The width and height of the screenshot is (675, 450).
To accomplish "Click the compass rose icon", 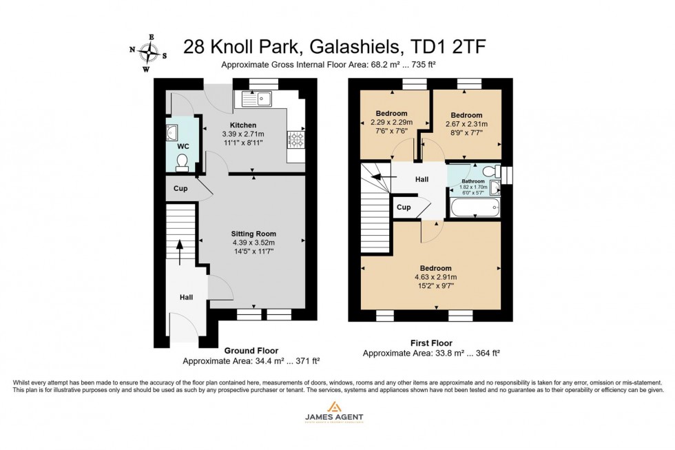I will pos(148,52).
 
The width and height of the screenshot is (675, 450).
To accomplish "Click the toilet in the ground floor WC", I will pos(182,162).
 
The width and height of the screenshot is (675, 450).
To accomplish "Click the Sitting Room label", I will pos(253,234).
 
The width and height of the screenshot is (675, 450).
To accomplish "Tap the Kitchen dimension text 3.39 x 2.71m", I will pos(253,134).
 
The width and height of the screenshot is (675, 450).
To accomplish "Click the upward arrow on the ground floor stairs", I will pos(180,252).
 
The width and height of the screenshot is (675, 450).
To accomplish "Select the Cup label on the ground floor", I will pos(180,188).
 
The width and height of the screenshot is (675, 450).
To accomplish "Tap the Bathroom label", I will pos(473,181).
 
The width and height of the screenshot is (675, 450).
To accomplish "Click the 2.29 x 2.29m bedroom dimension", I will pos(391,123).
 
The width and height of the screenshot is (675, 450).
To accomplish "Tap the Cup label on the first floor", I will pos(404,207).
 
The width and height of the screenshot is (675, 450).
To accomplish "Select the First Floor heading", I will pos(430,343).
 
